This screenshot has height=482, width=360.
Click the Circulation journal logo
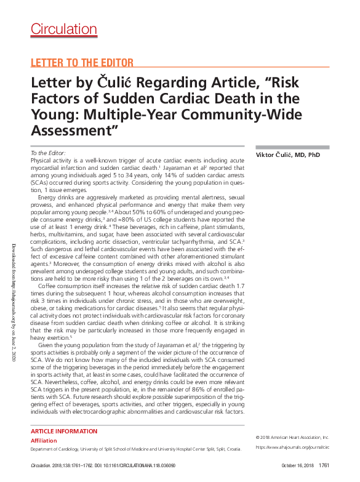(63, 28)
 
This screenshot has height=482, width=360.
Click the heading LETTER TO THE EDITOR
(82, 63)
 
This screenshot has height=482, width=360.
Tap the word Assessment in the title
(72, 130)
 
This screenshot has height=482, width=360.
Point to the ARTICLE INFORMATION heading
(63, 432)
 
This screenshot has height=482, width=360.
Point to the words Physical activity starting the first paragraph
(50, 159)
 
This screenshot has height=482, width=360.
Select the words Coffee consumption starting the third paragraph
(63, 286)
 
